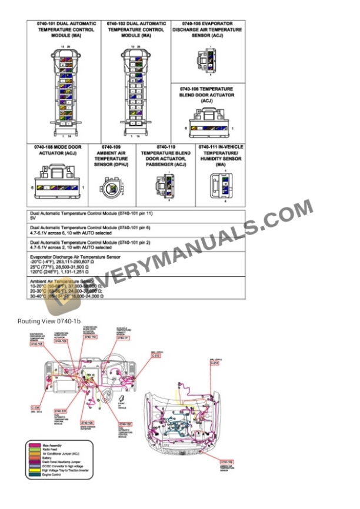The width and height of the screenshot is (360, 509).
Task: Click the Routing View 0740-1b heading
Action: (x=49, y=321)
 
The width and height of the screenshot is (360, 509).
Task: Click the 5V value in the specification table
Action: (x=33, y=218)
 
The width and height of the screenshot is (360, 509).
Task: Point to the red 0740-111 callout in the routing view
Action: (x=122, y=338)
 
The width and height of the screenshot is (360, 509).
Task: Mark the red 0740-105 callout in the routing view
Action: (x=36, y=344)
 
